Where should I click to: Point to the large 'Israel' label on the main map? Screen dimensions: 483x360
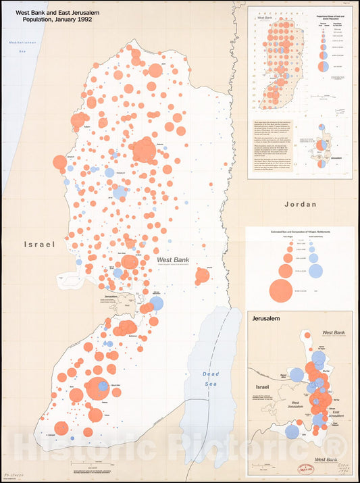pyautogui.click(x=39, y=244)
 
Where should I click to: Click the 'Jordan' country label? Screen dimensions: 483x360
pyautogui.click(x=300, y=203)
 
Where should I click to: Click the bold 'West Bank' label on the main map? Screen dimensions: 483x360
pyautogui.click(x=172, y=259)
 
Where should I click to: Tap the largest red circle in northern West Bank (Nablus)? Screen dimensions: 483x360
pyautogui.click(x=144, y=150)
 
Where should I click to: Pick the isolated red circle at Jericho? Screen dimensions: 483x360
pyautogui.click(x=202, y=275)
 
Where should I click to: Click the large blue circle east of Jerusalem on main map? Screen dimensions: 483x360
pyautogui.click(x=156, y=303)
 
